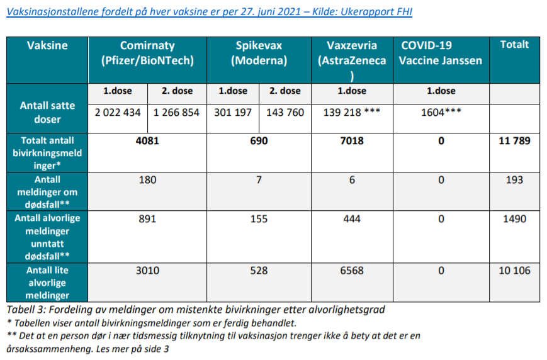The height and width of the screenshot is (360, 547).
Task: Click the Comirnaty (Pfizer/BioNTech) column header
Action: click(x=147, y=53)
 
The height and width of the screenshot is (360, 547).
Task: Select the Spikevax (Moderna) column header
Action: click(x=259, y=53)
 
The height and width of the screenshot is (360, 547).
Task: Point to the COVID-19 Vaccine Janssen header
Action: click(x=441, y=53)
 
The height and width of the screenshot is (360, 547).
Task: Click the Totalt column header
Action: click(x=514, y=45)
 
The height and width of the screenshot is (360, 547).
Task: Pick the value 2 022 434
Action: click(x=118, y=113)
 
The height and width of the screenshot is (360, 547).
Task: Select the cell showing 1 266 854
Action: click(x=176, y=113)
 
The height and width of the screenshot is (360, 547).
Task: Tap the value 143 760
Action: click(x=285, y=113)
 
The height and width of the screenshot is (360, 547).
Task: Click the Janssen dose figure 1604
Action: click(x=441, y=113)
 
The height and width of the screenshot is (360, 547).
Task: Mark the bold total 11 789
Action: click(x=514, y=141)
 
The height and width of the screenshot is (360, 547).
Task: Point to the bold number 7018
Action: click(x=352, y=141)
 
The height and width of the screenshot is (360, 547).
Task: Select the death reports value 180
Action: click(x=147, y=180)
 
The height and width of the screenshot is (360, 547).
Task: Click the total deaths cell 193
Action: click(x=514, y=180)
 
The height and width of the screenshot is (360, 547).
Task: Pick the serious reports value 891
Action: click(x=147, y=219)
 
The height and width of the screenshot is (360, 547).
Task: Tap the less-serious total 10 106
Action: click(x=514, y=271)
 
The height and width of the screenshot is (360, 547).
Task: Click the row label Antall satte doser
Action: click(x=47, y=112)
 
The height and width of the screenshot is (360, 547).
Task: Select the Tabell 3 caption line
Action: click(x=195, y=310)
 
